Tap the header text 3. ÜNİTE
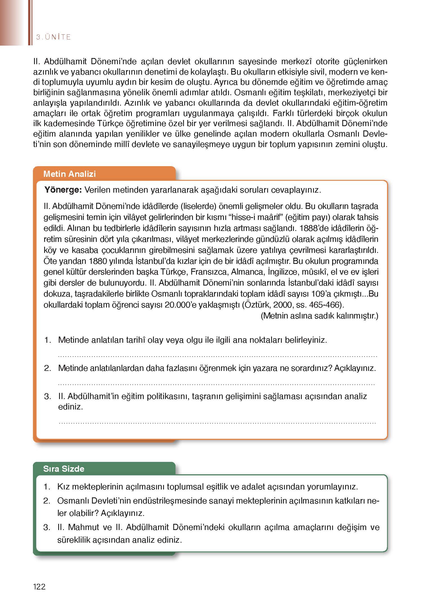tap(53, 37)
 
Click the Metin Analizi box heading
tap(69, 174)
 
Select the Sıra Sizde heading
tap(64, 469)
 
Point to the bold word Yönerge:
tap(63, 190)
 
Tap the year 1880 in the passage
tap(98, 261)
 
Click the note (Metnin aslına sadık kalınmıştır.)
tap(319, 316)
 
